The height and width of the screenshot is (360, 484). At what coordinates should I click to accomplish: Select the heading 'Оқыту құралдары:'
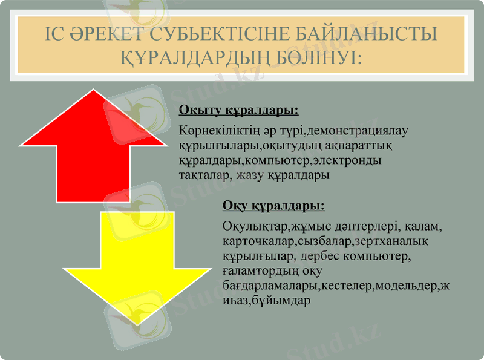(x=239, y=111)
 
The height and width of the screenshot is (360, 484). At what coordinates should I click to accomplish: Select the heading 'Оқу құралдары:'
(x=273, y=206)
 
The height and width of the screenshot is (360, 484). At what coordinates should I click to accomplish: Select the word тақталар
(x=203, y=175)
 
